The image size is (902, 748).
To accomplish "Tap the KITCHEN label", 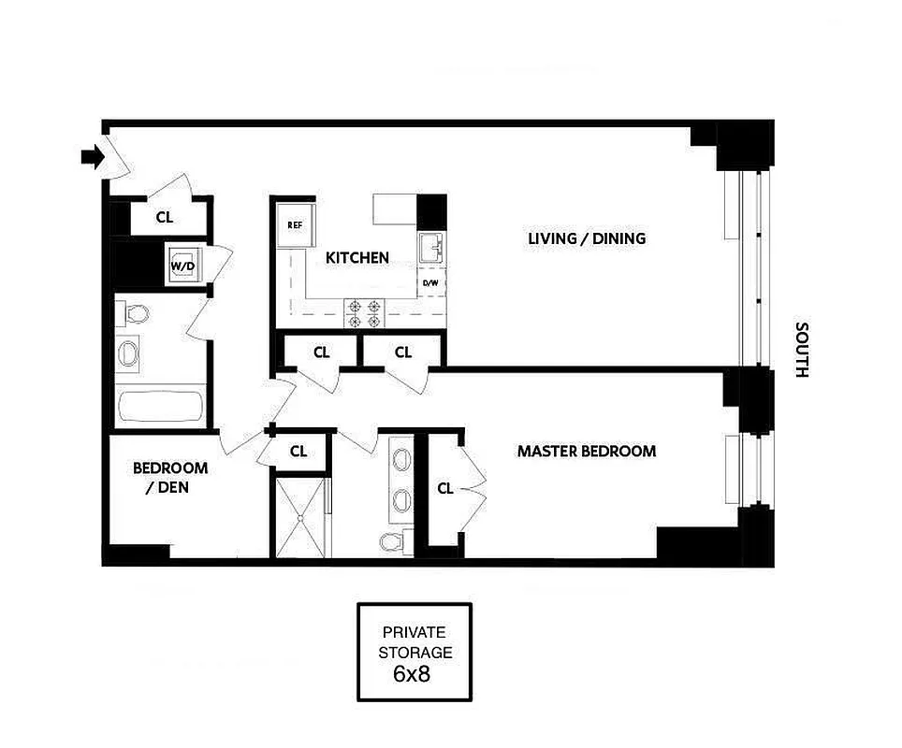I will coord(356,257).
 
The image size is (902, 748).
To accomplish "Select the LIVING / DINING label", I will coord(586,238).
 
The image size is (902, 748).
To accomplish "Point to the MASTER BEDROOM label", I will coord(587,452).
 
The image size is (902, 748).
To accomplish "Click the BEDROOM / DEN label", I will coord(169,477).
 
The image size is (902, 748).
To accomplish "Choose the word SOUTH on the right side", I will coord(801,350).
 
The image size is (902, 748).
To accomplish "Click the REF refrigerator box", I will coord(295,224).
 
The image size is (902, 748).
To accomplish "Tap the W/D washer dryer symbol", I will coord(182,265).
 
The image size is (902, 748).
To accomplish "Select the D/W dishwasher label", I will coord(430,282).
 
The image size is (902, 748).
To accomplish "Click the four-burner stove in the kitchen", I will coord(364,312).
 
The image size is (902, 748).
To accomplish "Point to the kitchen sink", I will coord(431,248).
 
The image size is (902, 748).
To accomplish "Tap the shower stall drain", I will coord(301,517).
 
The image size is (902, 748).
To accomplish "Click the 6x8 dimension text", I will coord(414,673).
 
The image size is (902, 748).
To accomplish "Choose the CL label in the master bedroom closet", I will coord(445,488).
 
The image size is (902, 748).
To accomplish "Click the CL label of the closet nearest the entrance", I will coord(165,218).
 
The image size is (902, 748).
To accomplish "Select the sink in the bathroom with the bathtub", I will coord(130,352).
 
